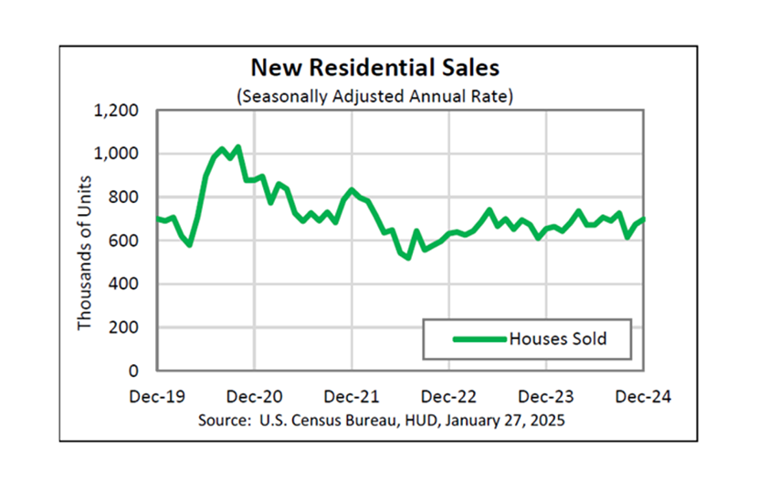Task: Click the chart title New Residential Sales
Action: [x=375, y=69]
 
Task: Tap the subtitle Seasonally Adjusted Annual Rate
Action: [x=375, y=95]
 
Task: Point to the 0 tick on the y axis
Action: [x=133, y=371]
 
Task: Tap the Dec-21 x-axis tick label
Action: [x=353, y=397]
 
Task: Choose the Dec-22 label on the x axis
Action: [x=449, y=397]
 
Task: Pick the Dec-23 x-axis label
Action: [x=546, y=397]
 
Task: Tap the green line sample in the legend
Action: [x=479, y=339]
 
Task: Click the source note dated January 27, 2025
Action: [x=381, y=421]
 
